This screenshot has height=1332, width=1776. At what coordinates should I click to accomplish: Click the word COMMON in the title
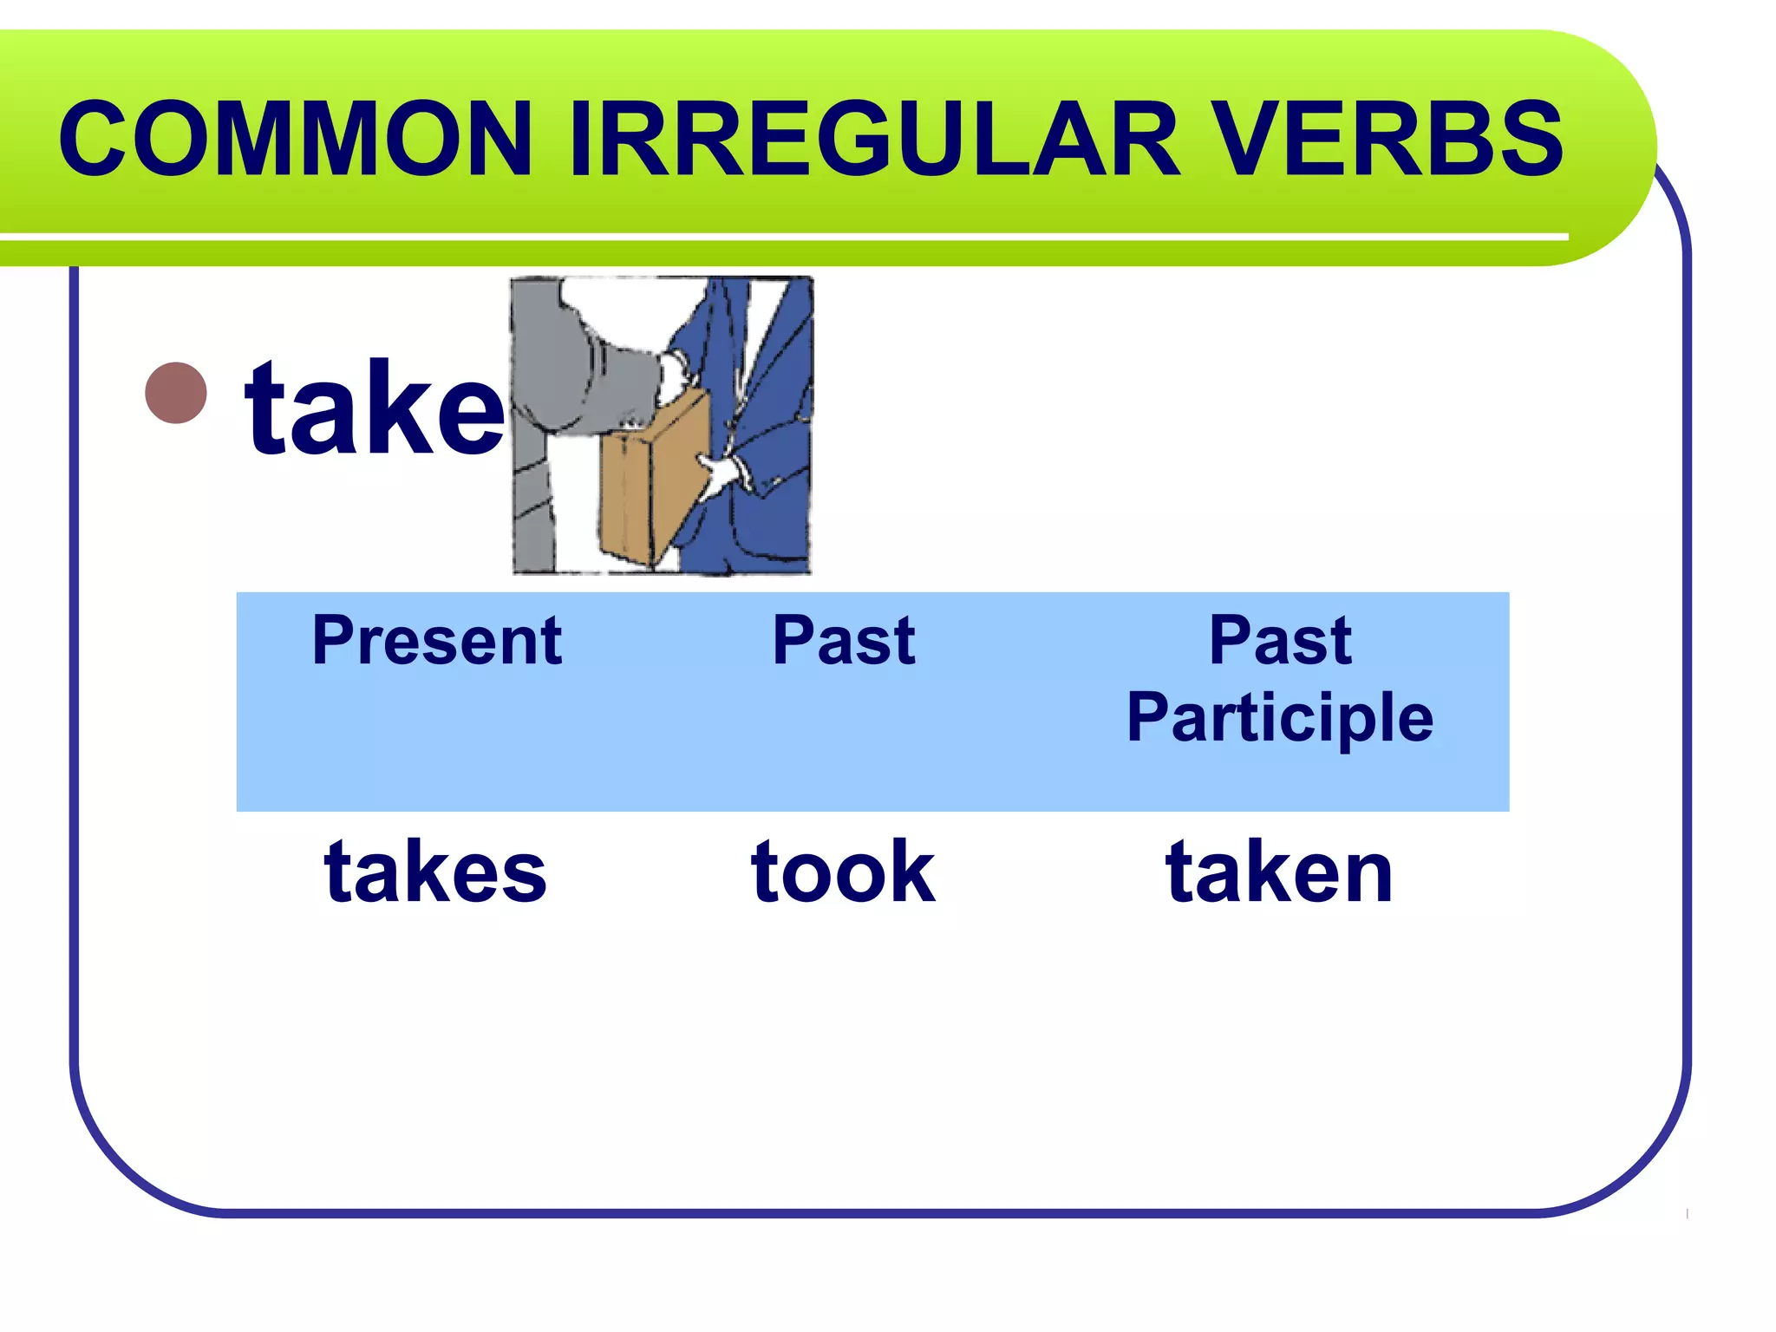(x=295, y=139)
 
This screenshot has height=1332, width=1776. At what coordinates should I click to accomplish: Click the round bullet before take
(x=177, y=393)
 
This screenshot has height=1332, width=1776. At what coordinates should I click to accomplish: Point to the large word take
(x=375, y=408)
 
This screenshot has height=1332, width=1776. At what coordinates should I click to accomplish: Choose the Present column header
(x=437, y=642)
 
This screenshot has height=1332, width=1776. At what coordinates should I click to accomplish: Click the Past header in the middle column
(x=843, y=642)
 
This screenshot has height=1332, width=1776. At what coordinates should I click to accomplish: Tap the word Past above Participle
(x=1280, y=642)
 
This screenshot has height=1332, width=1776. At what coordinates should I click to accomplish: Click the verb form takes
(x=435, y=872)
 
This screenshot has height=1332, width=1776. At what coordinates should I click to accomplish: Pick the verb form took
(x=843, y=872)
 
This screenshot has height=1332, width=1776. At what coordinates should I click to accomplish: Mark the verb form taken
(x=1279, y=872)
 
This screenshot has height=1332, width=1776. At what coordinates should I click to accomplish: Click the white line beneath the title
(x=780, y=237)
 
